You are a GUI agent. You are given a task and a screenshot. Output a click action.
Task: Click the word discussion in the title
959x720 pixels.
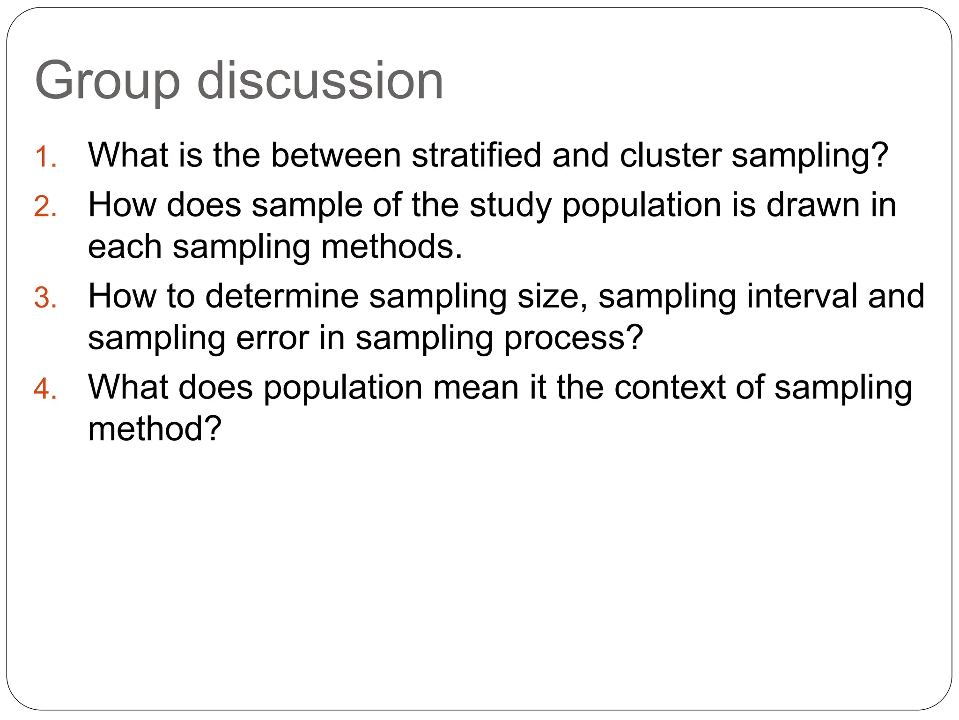[x=320, y=81]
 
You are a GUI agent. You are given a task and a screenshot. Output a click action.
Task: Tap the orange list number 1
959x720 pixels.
[x=45, y=157]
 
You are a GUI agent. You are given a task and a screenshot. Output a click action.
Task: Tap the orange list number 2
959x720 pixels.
[x=45, y=207]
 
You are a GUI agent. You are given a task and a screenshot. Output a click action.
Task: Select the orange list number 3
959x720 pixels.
[x=45, y=298]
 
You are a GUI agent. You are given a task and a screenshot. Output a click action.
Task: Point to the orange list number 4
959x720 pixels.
[x=45, y=389]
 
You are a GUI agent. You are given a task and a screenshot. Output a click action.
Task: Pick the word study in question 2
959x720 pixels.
[x=510, y=206]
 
